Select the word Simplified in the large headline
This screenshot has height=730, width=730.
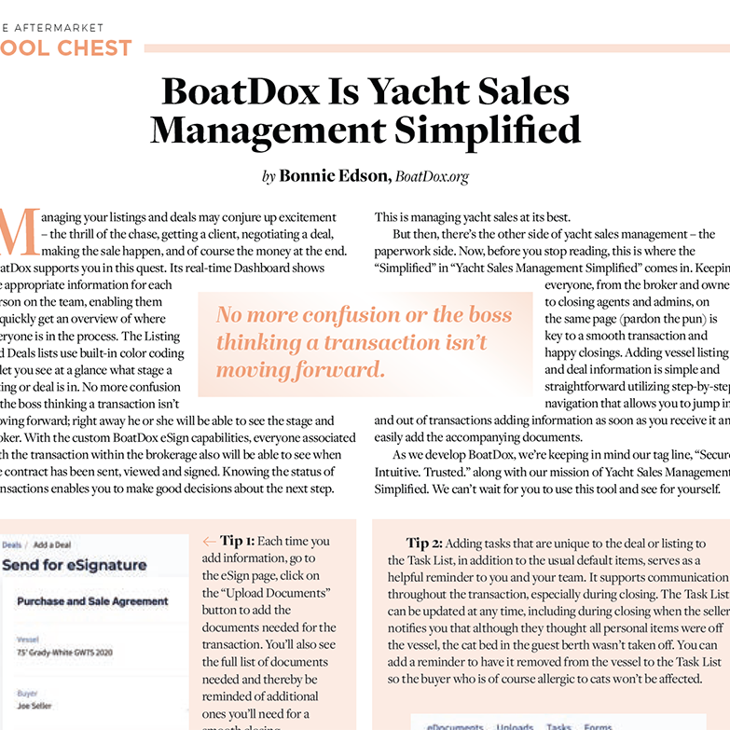point(492,129)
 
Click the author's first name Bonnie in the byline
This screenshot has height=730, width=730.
point(309,175)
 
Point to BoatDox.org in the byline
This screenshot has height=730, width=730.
point(432,175)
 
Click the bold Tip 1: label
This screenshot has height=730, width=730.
point(238,541)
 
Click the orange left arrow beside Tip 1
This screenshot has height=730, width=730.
point(209,541)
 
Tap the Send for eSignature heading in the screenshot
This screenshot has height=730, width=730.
point(74,565)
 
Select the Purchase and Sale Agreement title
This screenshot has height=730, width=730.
point(92,601)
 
